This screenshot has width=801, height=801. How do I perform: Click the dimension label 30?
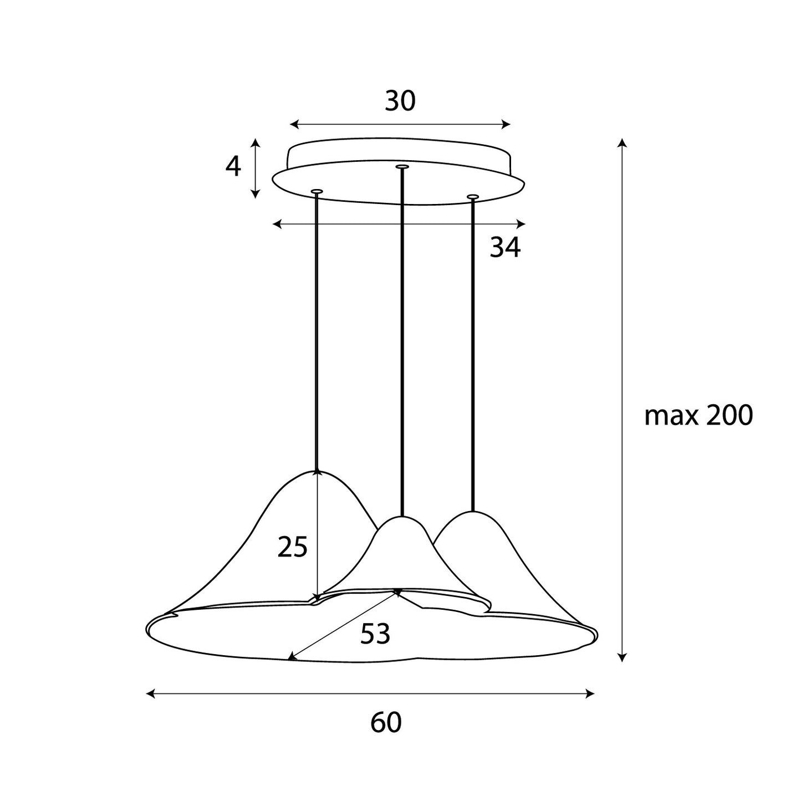point(400,101)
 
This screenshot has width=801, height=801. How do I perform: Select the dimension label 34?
point(505,247)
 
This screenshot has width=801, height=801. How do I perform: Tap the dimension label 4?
point(233,166)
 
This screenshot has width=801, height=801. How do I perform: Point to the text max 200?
point(698,415)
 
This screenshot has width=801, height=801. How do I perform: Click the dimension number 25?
point(293,548)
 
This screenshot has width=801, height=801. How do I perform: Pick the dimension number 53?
point(375,634)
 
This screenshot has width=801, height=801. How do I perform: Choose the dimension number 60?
point(386,723)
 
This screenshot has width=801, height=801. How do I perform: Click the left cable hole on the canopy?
point(317,191)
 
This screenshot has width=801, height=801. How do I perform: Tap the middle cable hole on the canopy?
point(402,166)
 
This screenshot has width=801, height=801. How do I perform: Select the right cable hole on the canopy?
point(473,196)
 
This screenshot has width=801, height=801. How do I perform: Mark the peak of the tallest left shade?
point(317,471)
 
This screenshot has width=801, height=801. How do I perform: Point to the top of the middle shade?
point(402,517)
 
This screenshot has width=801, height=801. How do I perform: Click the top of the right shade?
point(472,512)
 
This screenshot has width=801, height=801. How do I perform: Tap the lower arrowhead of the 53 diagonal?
point(290,659)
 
